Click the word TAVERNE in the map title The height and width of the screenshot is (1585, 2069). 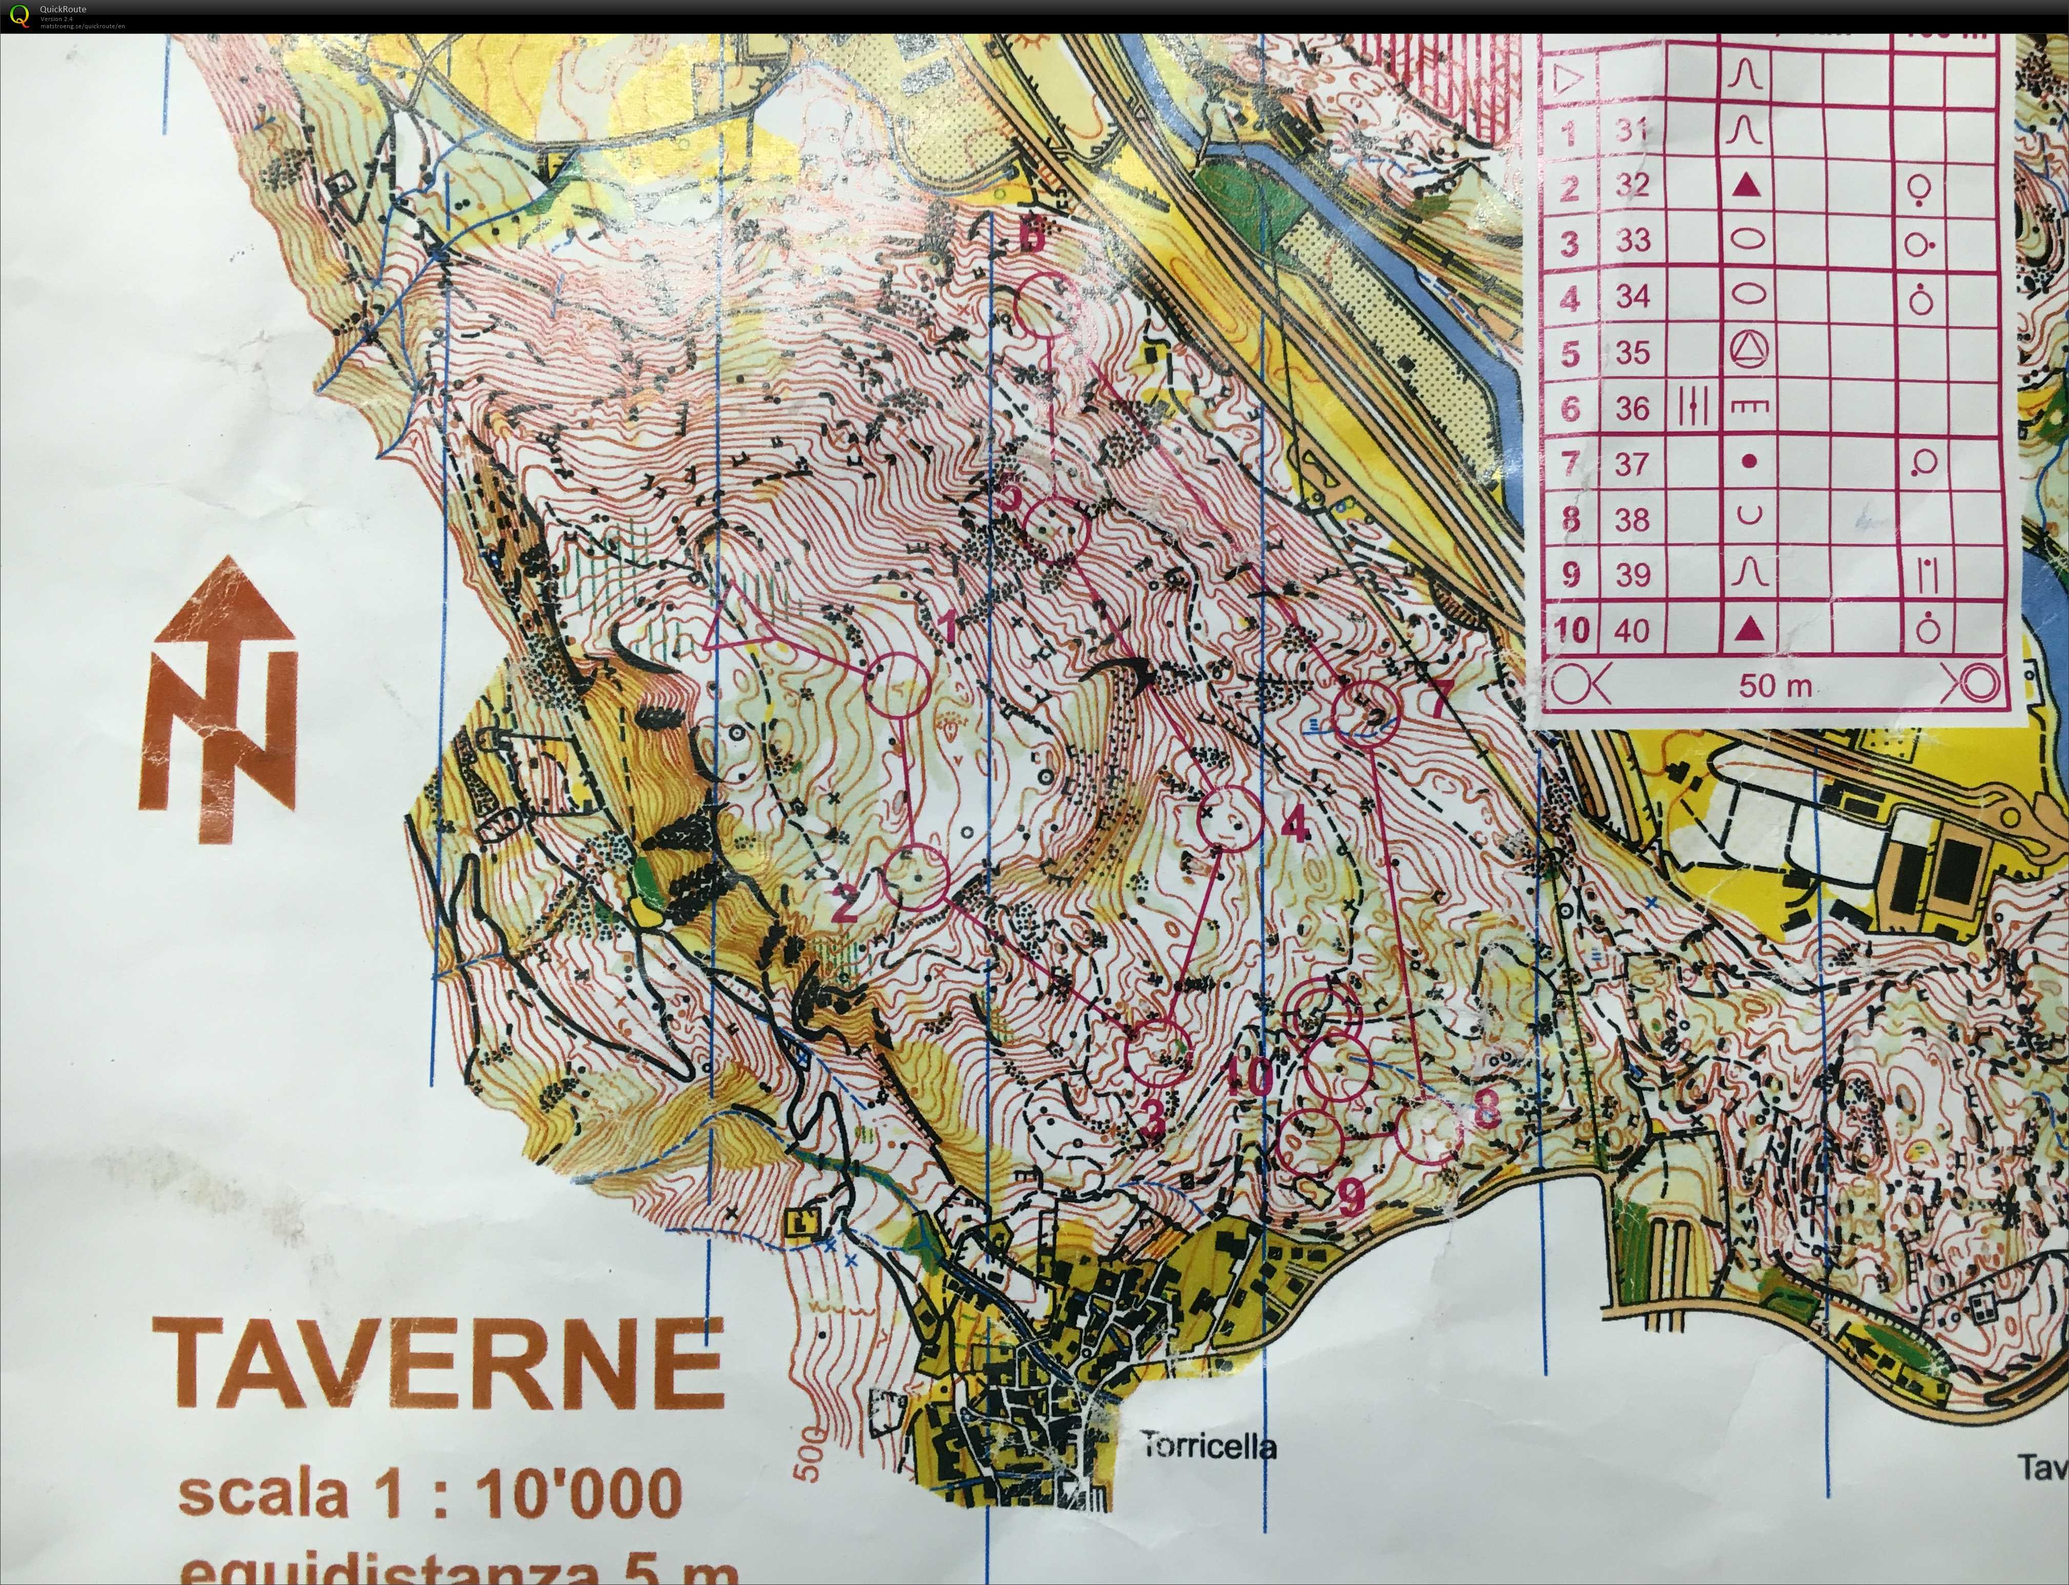click(439, 1364)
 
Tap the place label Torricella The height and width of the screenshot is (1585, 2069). click(1208, 1446)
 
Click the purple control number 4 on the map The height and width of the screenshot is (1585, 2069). click(1296, 827)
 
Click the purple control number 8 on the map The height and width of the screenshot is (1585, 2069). click(1485, 1110)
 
